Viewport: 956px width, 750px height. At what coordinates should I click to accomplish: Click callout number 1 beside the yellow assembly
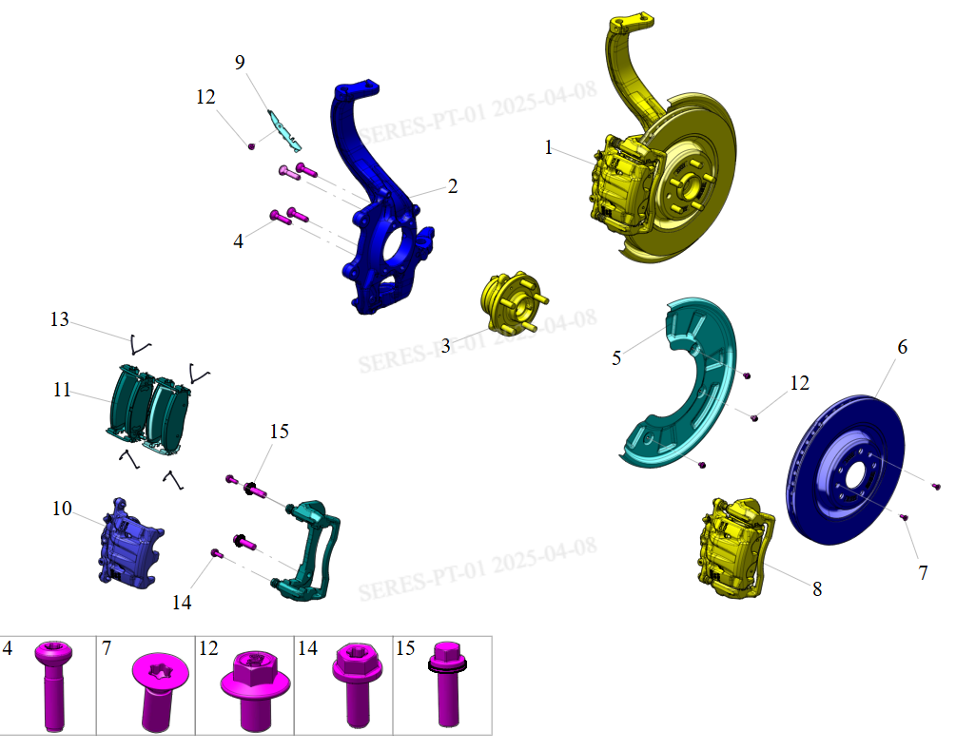[x=549, y=147]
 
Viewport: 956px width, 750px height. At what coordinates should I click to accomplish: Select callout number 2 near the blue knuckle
[x=453, y=186]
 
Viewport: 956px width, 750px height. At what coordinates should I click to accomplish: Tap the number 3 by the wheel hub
[x=446, y=345]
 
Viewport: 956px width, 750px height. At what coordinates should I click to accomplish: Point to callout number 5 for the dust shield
[x=616, y=357]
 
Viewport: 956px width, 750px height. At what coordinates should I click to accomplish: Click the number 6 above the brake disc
[x=902, y=347]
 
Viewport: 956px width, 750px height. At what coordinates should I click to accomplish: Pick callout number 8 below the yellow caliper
[x=817, y=589]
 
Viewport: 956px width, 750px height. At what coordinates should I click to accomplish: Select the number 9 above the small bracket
[x=240, y=63]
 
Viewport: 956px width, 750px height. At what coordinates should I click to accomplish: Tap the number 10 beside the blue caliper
[x=62, y=510]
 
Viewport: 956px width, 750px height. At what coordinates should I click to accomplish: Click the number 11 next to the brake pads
[x=62, y=390]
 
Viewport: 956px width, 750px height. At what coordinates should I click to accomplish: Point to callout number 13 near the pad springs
[x=60, y=319]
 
